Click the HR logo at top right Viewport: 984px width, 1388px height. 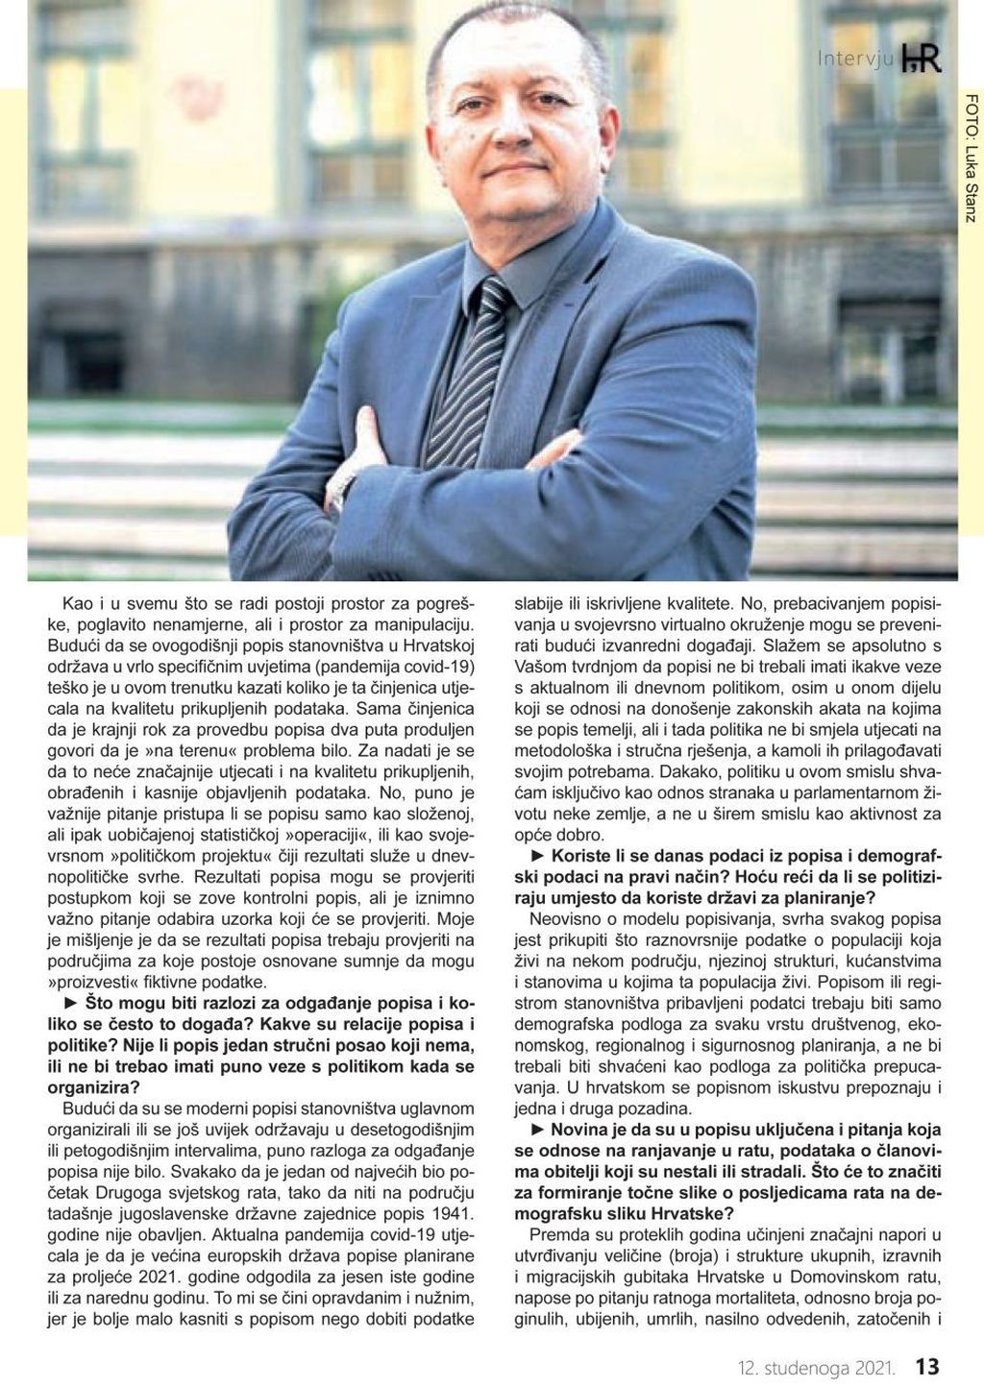coord(922,58)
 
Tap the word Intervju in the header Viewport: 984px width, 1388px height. coord(856,60)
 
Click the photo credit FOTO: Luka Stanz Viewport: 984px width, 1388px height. coord(969,159)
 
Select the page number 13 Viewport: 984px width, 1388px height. coord(927,1365)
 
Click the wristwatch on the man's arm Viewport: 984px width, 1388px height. coord(343,485)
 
